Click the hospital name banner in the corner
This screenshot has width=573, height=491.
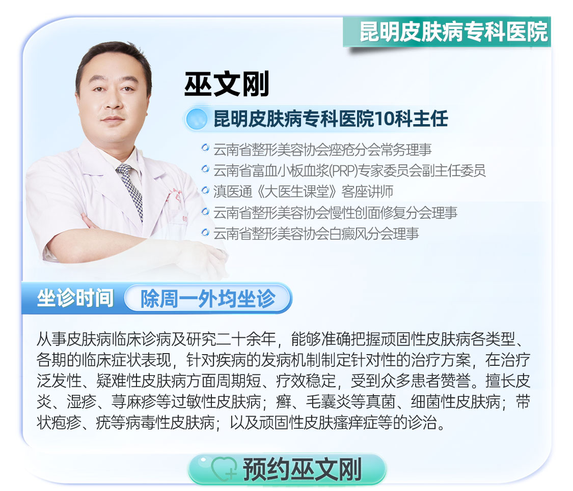447,32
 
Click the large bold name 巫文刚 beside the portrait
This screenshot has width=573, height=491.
227,84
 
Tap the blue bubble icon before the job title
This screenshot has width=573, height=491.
197,119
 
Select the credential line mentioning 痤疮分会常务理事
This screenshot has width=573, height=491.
322,149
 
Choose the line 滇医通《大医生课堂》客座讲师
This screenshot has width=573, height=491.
304,191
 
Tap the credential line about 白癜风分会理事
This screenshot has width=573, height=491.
316,234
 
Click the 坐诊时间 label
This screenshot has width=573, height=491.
75,298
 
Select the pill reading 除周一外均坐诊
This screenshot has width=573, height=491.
208,299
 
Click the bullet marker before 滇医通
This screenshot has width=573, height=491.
205,190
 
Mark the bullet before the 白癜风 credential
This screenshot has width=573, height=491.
205,232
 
